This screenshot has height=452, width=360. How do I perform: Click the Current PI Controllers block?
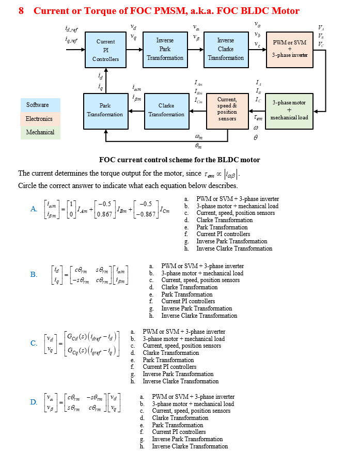[x=105, y=50]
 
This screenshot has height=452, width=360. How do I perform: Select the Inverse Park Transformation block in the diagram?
[x=165, y=49]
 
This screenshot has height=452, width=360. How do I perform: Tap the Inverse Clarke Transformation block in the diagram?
[x=226, y=49]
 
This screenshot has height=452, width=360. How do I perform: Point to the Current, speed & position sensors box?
[x=227, y=110]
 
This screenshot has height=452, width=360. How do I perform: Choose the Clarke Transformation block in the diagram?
[x=166, y=110]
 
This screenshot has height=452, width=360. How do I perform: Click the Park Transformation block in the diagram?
[x=105, y=110]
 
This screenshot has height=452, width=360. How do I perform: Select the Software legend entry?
[x=40, y=105]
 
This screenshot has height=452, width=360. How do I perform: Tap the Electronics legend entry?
[x=40, y=119]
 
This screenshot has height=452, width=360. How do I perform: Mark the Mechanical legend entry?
[x=40, y=132]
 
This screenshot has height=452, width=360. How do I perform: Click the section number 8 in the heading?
[x=21, y=11]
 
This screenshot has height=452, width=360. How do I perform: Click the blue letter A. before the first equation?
[x=34, y=209]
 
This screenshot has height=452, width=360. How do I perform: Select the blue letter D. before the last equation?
[x=34, y=402]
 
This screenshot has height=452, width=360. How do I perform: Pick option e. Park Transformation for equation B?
[x=182, y=294]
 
